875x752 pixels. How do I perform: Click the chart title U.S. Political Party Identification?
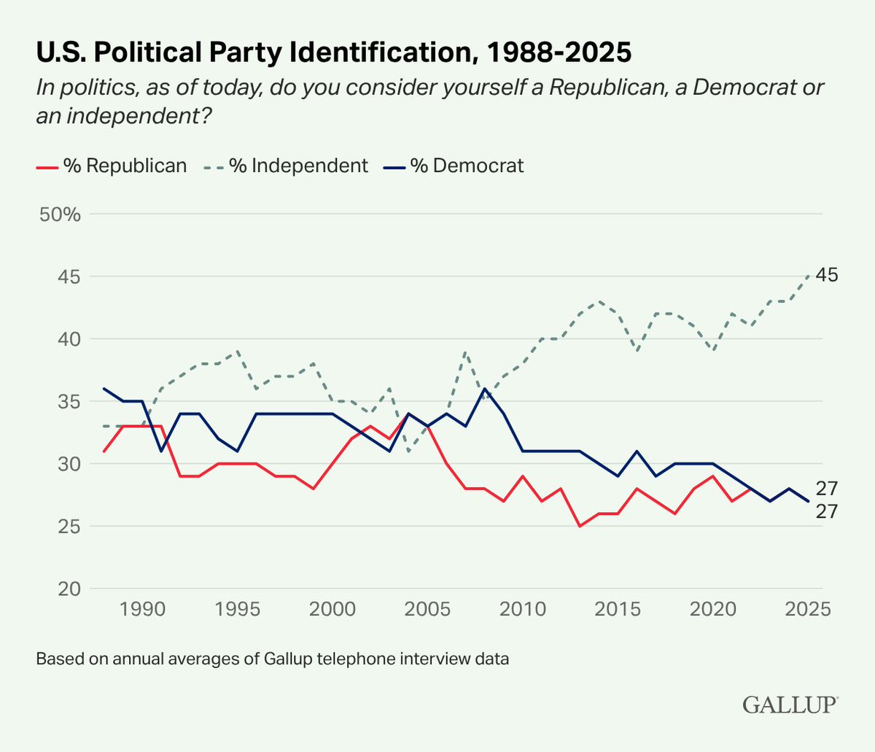tap(333, 53)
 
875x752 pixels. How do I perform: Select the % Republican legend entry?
tap(112, 166)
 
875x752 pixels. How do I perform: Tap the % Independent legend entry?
tap(284, 166)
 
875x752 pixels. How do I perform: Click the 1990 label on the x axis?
tap(142, 609)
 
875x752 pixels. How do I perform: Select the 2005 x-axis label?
tap(427, 609)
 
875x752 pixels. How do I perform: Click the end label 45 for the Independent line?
tap(827, 276)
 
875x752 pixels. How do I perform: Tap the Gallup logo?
tap(790, 705)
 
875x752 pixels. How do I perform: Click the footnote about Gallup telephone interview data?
tap(272, 659)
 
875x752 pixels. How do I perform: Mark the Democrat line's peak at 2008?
tap(484, 389)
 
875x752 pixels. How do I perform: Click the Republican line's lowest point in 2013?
tap(580, 526)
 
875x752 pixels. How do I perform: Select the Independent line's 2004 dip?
tap(408, 451)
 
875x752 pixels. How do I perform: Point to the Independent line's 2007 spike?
tap(465, 352)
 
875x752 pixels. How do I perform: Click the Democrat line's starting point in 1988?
tap(104, 389)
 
